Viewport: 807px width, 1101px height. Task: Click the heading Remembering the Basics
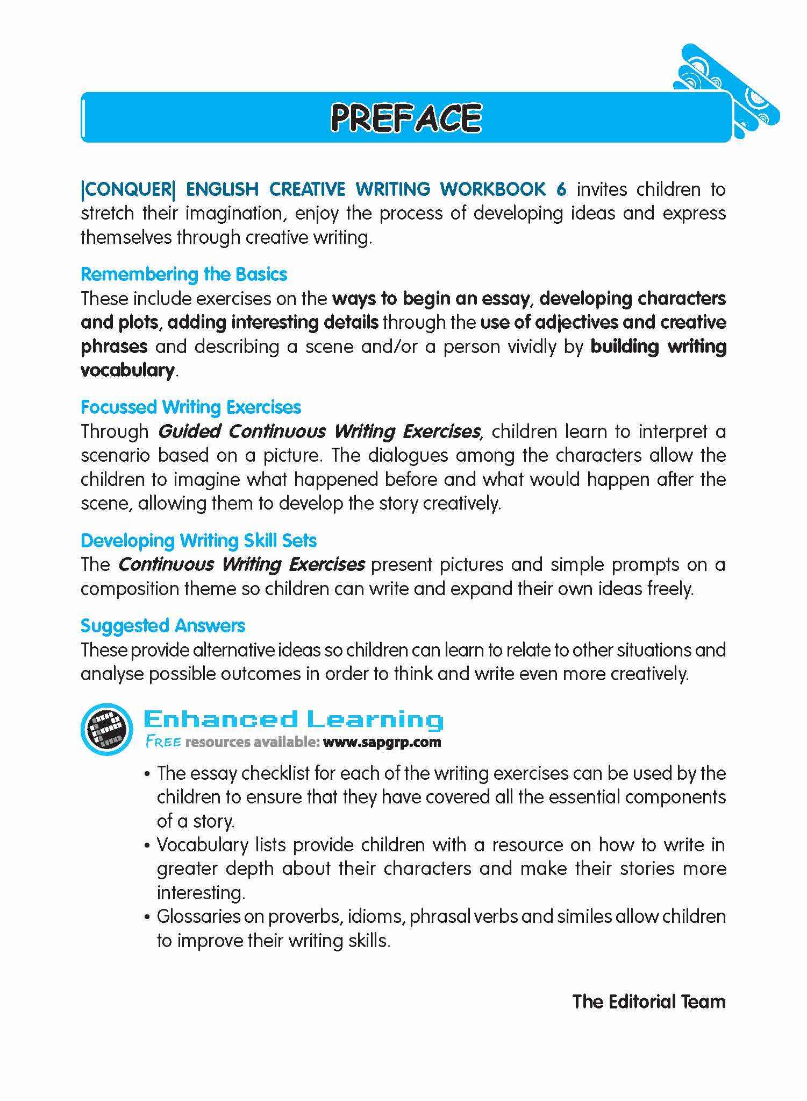pyautogui.click(x=184, y=274)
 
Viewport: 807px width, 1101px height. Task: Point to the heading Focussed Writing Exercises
pyautogui.click(x=191, y=407)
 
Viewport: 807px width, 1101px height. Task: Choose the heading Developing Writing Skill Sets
pyautogui.click(x=198, y=540)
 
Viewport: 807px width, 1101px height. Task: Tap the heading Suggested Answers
pyautogui.click(x=163, y=626)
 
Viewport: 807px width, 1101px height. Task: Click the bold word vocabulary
pyautogui.click(x=127, y=370)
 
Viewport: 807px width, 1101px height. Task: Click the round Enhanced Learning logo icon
pyautogui.click(x=106, y=729)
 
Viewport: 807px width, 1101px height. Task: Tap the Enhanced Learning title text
pyautogui.click(x=294, y=719)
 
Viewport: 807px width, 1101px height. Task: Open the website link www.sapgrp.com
pyautogui.click(x=382, y=743)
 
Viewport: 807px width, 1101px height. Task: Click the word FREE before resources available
pyautogui.click(x=163, y=743)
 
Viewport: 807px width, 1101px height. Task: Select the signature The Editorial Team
pyautogui.click(x=649, y=1001)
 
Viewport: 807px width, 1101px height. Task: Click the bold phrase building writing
pyautogui.click(x=658, y=347)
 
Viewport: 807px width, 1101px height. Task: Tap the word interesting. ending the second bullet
pyautogui.click(x=201, y=893)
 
